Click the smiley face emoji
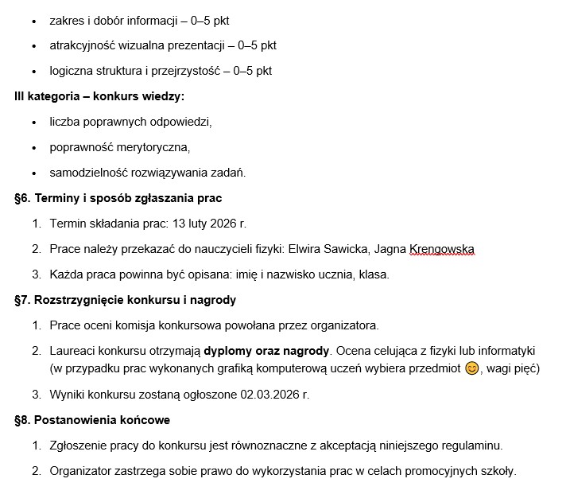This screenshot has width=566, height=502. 472,368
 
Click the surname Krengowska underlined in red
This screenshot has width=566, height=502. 441,250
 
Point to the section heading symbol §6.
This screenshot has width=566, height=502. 22,197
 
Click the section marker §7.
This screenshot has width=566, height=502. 22,300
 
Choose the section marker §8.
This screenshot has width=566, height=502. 22,419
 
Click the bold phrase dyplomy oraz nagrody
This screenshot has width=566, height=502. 266,350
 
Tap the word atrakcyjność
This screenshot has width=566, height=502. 82,45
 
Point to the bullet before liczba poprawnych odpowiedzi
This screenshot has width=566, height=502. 33,123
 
